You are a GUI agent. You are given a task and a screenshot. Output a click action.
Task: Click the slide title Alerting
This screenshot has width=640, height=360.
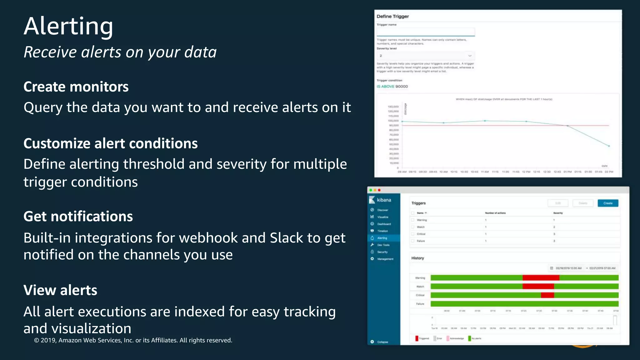(x=68, y=26)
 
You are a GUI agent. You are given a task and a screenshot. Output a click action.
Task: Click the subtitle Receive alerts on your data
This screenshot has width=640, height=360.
(x=120, y=52)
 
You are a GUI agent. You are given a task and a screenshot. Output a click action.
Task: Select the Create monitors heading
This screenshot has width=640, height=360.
(x=76, y=87)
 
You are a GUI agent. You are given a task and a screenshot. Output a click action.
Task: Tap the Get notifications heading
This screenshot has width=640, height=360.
(x=78, y=217)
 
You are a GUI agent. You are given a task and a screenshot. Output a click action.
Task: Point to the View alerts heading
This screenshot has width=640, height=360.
(x=60, y=290)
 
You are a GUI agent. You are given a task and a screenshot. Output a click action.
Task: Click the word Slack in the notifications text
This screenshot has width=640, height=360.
(x=286, y=238)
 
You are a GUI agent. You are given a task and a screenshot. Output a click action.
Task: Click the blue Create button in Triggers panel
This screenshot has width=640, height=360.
(x=608, y=203)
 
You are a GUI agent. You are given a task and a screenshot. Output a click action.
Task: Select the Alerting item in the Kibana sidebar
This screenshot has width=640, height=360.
(x=382, y=238)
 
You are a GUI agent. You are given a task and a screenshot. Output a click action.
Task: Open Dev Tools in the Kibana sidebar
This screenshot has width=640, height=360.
(x=383, y=245)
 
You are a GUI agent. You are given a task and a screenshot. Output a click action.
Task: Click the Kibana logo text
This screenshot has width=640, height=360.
(x=384, y=200)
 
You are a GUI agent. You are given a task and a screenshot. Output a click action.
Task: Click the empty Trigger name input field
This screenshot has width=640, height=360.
(x=426, y=32)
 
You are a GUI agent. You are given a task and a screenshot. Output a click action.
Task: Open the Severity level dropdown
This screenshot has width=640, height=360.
(x=426, y=56)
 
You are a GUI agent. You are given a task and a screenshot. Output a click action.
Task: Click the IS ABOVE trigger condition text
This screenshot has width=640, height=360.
(x=385, y=87)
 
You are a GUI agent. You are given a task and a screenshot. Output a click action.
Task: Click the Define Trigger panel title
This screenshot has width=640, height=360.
(x=392, y=17)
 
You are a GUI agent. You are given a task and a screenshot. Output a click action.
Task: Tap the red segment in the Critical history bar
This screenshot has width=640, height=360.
(x=547, y=295)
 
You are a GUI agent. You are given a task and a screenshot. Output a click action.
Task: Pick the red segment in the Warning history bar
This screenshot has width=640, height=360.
(x=541, y=278)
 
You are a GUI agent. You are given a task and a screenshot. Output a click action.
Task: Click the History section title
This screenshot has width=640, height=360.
(x=417, y=258)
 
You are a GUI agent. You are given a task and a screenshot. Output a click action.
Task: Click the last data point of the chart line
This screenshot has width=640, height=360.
(x=609, y=146)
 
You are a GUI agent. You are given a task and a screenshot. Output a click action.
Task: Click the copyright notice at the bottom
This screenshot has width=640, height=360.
(x=133, y=340)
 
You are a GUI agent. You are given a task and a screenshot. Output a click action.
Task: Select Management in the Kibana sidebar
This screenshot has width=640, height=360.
(x=385, y=259)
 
